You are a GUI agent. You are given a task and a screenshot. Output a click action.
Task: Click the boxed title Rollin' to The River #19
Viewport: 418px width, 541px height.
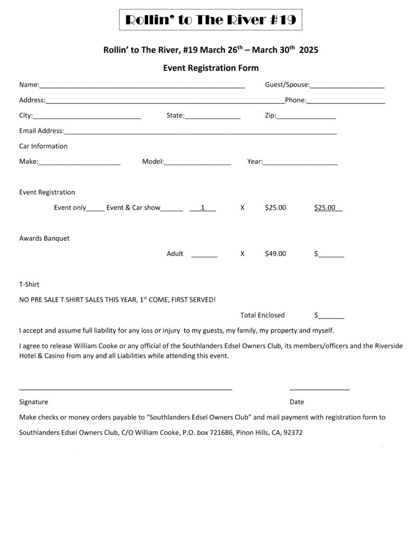210,21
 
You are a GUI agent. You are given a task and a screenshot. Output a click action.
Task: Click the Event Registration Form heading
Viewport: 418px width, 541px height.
210,68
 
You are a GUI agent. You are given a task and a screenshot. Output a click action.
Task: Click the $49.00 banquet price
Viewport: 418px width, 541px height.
275,254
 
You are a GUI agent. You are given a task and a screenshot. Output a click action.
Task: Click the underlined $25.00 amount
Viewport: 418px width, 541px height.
328,208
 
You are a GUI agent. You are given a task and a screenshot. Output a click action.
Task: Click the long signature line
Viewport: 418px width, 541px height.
126,388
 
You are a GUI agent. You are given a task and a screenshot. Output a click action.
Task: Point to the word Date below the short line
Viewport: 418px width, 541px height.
296,402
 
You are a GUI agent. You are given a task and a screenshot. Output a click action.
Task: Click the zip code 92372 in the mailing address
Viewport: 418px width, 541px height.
293,432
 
